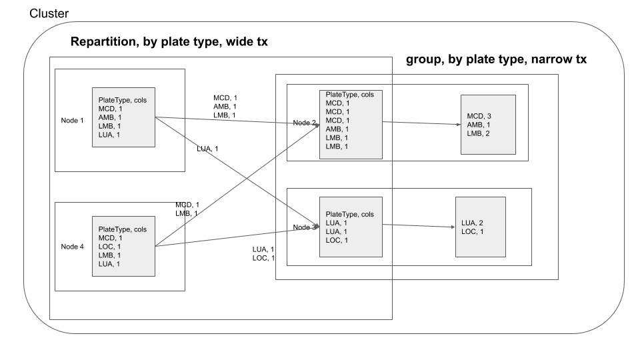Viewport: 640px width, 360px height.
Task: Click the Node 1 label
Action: point(73,121)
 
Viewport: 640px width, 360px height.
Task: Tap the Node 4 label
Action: point(73,246)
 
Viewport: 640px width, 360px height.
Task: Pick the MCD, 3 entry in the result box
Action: point(480,115)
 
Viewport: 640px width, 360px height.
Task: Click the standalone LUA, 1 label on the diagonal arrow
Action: point(208,148)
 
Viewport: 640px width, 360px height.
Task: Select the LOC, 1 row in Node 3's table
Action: point(337,240)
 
